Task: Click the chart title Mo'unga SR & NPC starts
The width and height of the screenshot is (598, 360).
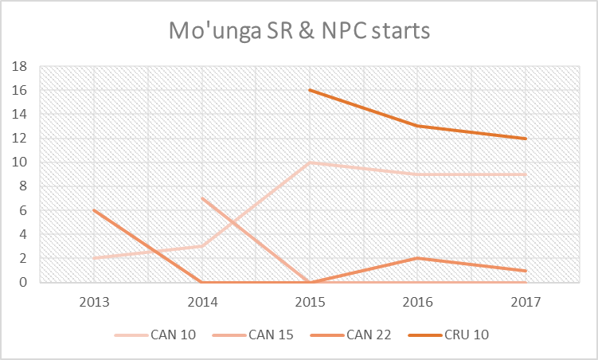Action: tap(299, 32)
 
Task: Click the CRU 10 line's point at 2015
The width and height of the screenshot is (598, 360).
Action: tap(309, 90)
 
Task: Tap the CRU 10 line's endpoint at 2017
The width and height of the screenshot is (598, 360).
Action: tap(525, 139)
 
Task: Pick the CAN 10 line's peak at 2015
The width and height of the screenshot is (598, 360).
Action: tap(309, 162)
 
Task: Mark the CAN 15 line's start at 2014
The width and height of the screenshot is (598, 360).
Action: tap(202, 198)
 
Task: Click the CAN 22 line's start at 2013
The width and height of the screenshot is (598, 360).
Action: tap(95, 210)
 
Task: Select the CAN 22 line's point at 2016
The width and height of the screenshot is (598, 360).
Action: tap(416, 258)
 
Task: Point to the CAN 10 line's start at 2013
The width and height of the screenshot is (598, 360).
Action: tap(95, 258)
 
